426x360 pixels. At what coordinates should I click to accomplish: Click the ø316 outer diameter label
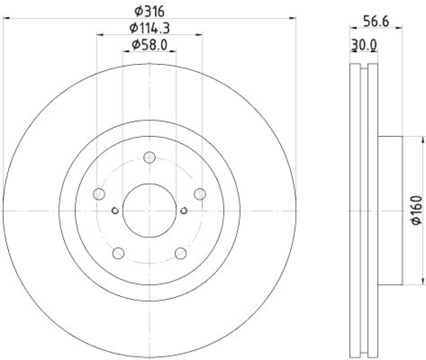(149, 10)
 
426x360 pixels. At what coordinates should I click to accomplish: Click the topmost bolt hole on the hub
(149, 157)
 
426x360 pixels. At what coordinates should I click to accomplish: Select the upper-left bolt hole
(99, 194)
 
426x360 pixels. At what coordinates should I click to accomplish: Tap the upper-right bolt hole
(200, 194)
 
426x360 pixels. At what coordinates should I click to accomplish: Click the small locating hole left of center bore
(114, 210)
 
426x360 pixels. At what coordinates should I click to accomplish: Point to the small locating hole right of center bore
(184, 210)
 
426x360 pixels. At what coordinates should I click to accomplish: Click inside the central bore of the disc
(149, 210)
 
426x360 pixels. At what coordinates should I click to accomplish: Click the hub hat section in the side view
(390, 210)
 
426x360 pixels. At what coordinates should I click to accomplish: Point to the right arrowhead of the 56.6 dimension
(400, 26)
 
